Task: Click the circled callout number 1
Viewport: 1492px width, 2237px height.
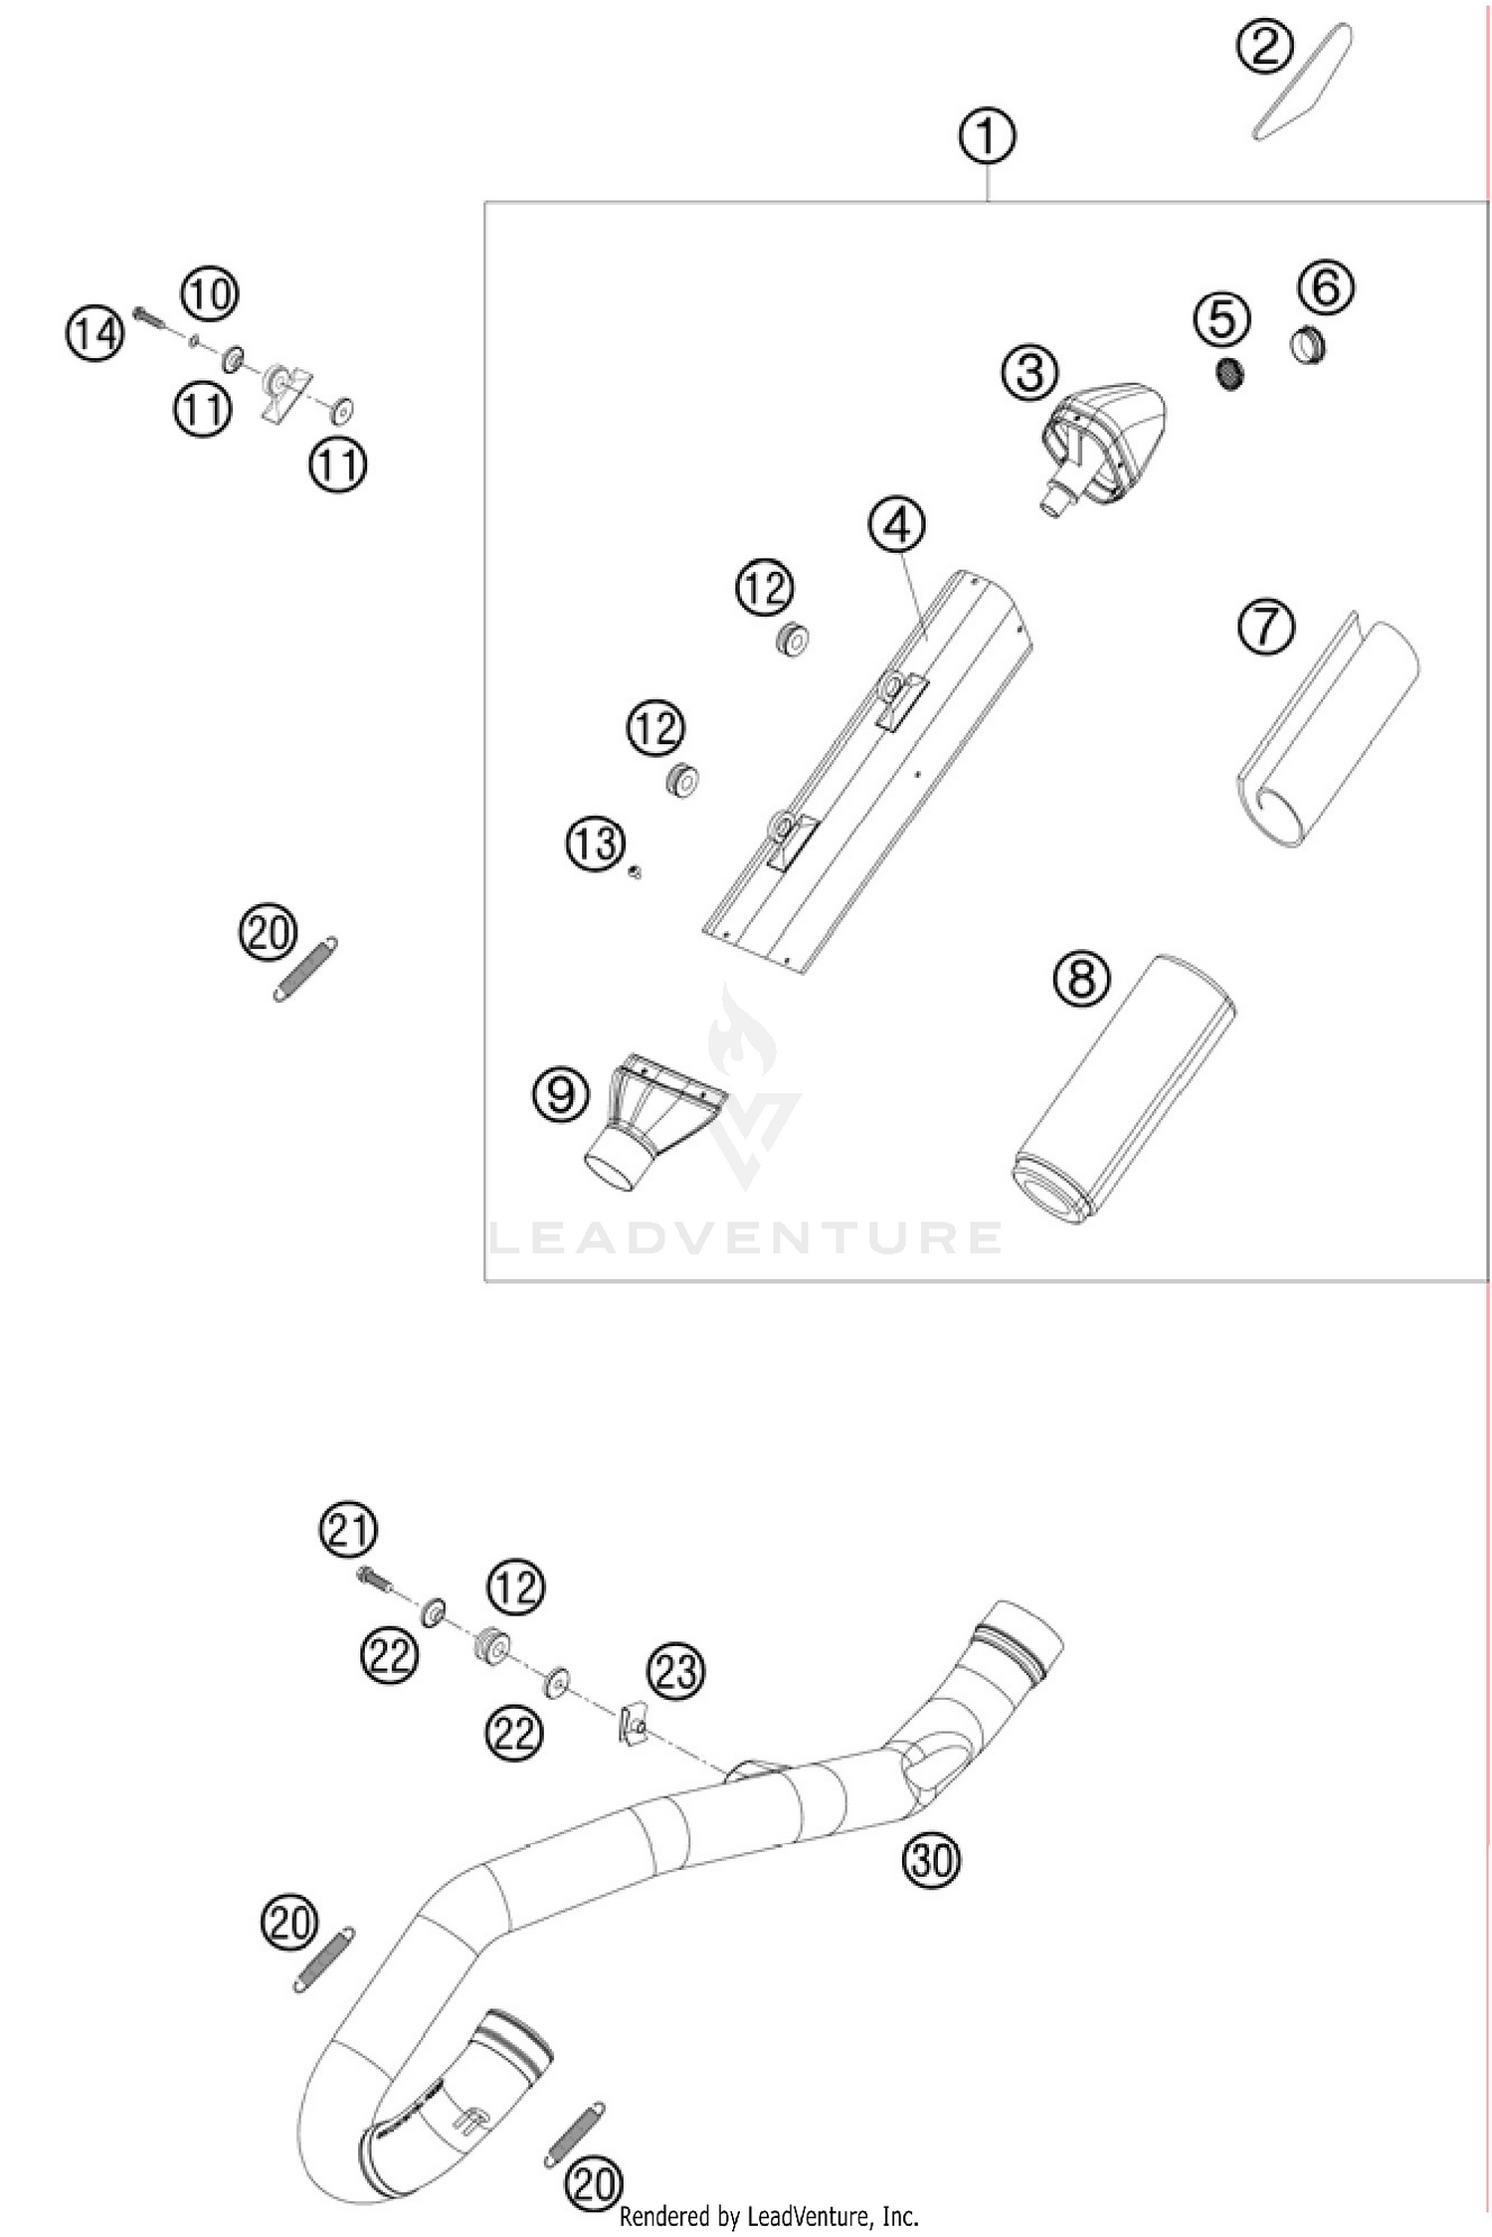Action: [987, 136]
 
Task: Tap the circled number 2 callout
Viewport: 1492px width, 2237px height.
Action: [1264, 47]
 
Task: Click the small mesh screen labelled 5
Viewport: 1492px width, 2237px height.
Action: [1231, 373]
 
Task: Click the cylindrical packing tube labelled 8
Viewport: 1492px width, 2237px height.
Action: [1124, 1088]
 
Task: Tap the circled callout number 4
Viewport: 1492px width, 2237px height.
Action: [897, 524]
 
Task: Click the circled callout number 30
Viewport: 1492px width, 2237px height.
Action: [931, 1857]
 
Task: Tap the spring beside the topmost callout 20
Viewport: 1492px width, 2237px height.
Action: [304, 968]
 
